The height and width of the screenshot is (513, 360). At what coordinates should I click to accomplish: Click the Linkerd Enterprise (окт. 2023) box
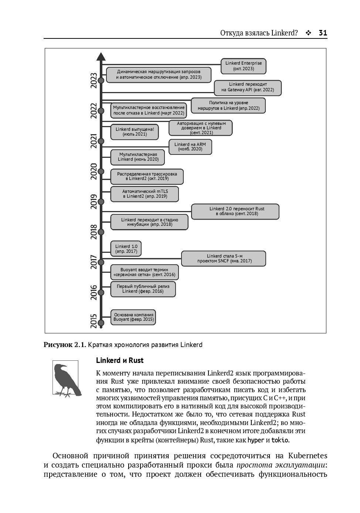(243, 66)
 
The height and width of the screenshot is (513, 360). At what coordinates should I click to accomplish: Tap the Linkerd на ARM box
(190, 147)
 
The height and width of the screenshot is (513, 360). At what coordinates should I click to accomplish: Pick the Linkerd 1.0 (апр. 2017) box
(126, 249)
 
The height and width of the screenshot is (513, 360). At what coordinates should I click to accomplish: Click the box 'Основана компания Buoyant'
(133, 317)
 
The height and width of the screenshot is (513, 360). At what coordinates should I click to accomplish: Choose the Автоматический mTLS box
(145, 194)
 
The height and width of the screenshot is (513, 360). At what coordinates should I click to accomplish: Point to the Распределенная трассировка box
(147, 176)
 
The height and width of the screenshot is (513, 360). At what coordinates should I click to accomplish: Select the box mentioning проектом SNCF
(224, 258)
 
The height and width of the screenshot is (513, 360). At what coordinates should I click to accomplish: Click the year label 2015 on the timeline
(94, 321)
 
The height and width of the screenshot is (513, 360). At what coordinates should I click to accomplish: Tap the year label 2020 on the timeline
(94, 171)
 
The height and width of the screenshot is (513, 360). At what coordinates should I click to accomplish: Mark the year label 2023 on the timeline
(94, 80)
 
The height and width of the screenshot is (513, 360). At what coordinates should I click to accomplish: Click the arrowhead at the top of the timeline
(101, 57)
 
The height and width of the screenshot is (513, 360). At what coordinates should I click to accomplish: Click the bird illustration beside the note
(66, 378)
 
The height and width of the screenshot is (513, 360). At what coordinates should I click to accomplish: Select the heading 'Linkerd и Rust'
(120, 360)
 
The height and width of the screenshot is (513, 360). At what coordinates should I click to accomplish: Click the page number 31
(323, 33)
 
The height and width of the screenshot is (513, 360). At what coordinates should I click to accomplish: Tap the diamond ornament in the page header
(308, 33)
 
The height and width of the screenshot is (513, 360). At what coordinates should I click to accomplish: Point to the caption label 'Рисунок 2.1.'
(65, 345)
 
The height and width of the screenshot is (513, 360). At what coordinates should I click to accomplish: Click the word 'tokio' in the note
(280, 440)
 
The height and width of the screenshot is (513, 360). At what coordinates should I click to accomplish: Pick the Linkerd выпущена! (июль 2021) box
(135, 132)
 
